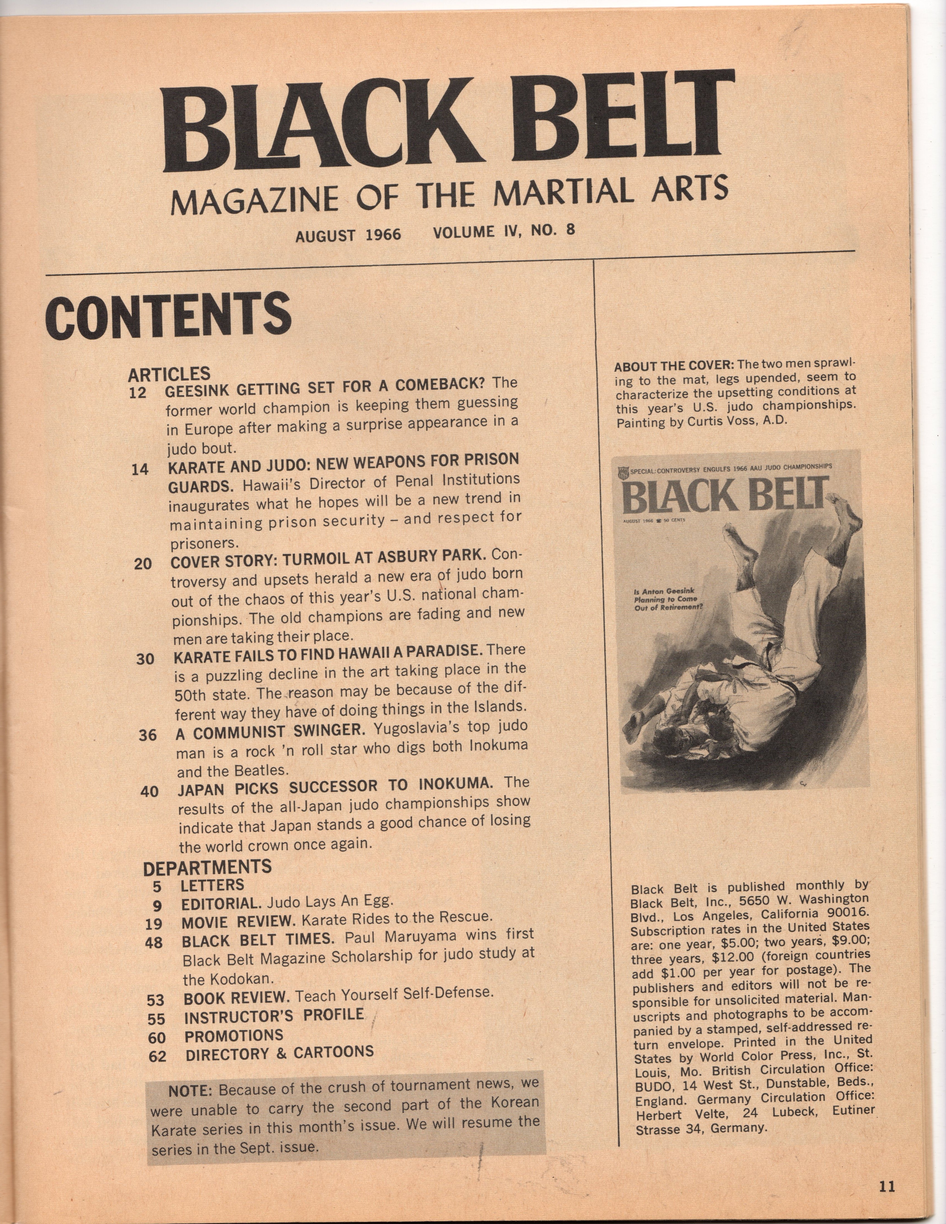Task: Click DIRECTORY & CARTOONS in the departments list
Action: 279,1053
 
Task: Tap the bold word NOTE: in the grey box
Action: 191,1091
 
